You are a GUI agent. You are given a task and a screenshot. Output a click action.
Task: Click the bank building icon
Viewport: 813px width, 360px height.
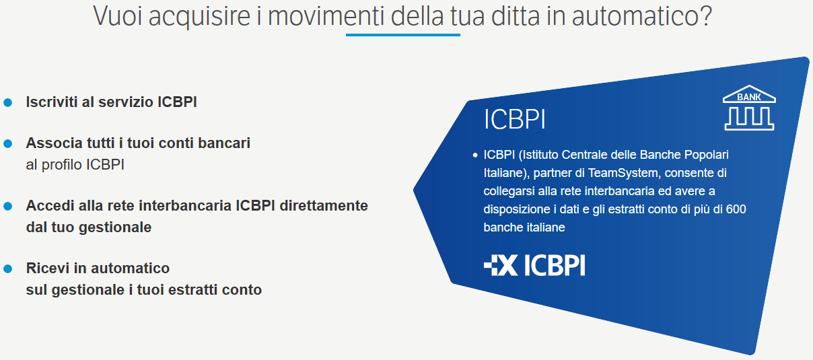click(749, 108)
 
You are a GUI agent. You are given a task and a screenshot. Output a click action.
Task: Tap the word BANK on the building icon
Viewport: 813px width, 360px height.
click(749, 98)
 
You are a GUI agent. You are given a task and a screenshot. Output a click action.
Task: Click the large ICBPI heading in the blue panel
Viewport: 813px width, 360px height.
click(515, 119)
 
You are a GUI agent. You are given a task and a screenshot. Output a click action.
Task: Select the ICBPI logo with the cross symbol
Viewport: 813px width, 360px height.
click(534, 265)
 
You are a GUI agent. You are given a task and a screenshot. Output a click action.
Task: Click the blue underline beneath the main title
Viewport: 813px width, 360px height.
click(403, 35)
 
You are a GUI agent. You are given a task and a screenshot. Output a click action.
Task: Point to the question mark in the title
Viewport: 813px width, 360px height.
click(706, 16)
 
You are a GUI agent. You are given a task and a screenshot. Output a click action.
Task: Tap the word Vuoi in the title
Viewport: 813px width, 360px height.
click(118, 16)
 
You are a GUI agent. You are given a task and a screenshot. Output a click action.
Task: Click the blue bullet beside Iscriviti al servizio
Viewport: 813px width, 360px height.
click(7, 103)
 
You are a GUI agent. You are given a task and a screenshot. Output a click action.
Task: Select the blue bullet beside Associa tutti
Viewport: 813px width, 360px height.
click(7, 144)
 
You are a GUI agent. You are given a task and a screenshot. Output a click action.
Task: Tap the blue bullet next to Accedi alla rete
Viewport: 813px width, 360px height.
click(7, 206)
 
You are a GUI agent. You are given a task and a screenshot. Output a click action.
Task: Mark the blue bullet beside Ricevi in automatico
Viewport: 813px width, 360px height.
click(7, 269)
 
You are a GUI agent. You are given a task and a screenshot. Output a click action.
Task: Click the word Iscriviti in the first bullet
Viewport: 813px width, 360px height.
click(52, 102)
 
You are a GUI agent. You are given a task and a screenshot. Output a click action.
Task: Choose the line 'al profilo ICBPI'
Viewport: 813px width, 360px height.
click(75, 165)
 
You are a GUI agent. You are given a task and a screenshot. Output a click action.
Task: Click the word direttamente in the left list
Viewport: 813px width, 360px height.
click(324, 206)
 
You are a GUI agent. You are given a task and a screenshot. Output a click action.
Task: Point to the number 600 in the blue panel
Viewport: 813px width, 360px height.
click(736, 209)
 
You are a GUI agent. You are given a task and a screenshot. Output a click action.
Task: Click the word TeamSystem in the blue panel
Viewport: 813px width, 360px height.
click(623, 173)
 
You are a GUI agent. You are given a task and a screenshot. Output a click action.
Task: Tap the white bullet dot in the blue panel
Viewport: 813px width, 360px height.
click(475, 155)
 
